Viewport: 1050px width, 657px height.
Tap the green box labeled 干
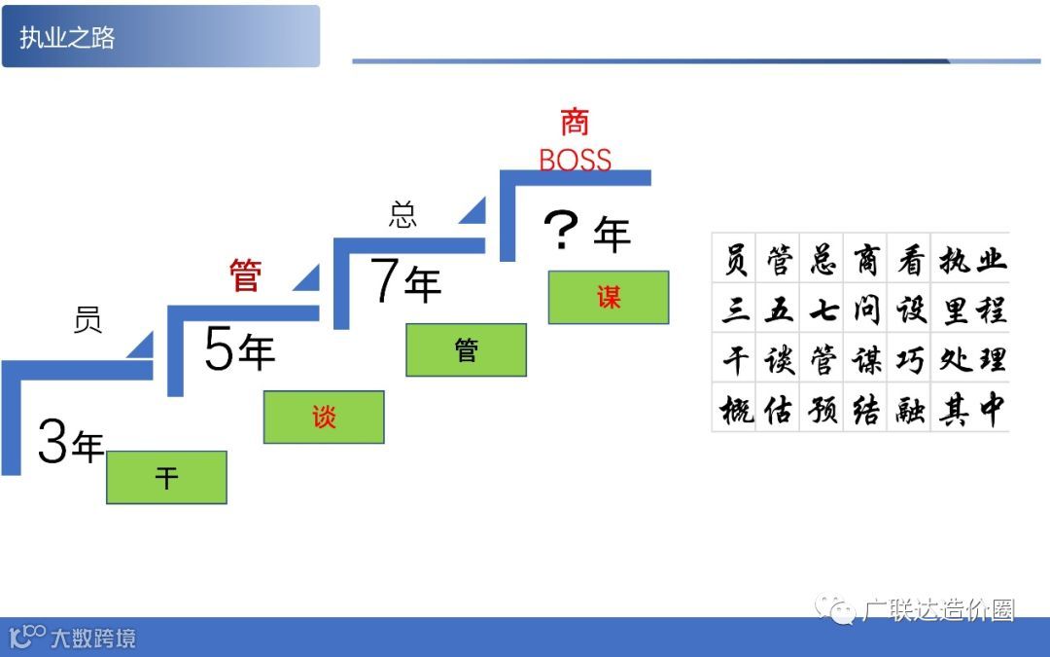(166, 477)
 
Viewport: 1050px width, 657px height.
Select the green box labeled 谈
(324, 417)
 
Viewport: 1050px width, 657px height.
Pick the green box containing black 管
(467, 349)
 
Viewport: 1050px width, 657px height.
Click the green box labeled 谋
(609, 297)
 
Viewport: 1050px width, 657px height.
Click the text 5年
(239, 350)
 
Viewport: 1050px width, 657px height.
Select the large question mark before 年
(561, 233)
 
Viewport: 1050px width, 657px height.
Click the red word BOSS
(575, 160)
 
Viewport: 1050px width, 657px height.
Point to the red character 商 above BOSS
(575, 123)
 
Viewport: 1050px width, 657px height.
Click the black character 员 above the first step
(87, 320)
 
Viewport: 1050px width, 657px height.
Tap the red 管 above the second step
(246, 275)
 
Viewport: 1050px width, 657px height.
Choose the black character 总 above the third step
(402, 215)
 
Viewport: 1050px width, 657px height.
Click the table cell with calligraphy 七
(822, 310)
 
